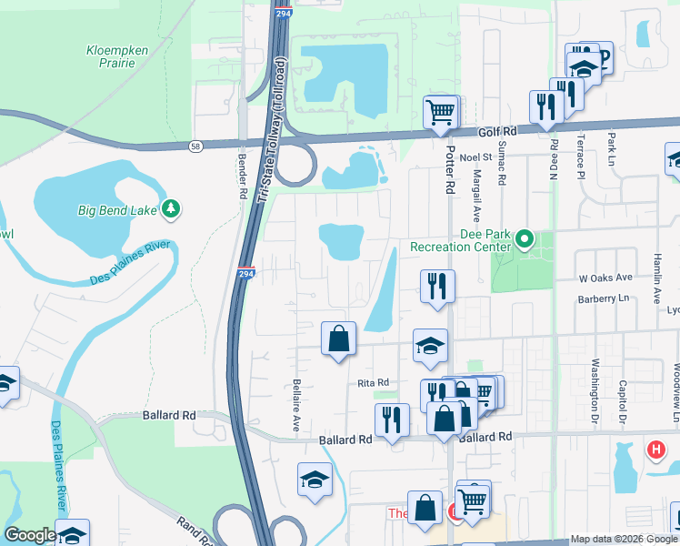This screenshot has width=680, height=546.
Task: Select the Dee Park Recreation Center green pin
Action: pyautogui.click(x=525, y=240)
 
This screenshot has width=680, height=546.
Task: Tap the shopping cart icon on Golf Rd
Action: pyautogui.click(x=441, y=113)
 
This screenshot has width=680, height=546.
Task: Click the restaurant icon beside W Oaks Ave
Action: pyautogui.click(x=437, y=286)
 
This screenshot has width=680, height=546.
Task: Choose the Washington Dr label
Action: pyautogui.click(x=595, y=381)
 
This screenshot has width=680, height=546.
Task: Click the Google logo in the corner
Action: pyautogui.click(x=30, y=535)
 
